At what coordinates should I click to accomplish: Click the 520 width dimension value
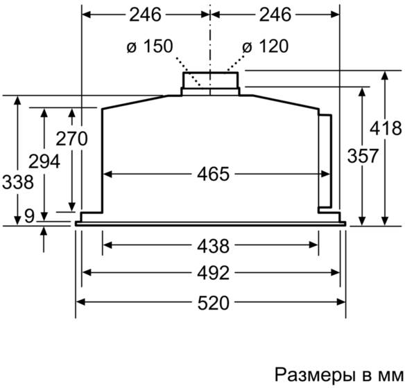214,303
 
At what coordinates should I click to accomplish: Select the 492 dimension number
214,273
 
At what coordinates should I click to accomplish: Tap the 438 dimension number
214,246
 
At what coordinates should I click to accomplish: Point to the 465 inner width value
214,174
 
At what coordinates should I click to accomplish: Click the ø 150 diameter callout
150,46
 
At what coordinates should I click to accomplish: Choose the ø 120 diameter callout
266,46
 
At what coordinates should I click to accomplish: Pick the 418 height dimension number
386,128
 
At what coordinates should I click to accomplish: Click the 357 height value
363,156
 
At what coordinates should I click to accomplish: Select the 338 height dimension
18,182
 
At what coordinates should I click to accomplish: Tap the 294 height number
44,161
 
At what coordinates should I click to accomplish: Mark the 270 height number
72,139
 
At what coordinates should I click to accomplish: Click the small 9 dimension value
29,215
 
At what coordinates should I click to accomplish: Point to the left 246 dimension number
145,15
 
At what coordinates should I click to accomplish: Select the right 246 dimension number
275,15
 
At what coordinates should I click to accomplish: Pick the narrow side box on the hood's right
325,161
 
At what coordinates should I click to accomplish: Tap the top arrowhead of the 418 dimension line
385,75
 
